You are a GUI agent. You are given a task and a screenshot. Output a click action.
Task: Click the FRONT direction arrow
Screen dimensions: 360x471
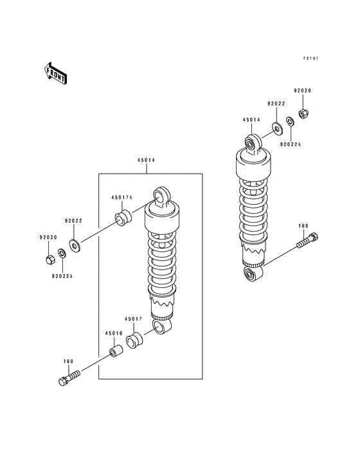point(55,73)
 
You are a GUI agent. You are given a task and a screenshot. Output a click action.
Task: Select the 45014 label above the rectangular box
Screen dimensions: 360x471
point(146,160)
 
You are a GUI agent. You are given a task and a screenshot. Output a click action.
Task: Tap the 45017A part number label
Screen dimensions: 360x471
point(122,198)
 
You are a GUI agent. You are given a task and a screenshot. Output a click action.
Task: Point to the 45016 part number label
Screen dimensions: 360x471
point(114,333)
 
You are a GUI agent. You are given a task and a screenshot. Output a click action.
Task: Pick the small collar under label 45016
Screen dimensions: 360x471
point(116,351)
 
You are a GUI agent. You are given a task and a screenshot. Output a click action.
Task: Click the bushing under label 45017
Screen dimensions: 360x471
point(134,340)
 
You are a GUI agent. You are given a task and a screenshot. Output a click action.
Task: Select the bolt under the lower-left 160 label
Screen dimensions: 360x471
point(69,377)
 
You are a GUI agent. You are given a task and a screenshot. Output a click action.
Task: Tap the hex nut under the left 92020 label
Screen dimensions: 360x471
point(50,259)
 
